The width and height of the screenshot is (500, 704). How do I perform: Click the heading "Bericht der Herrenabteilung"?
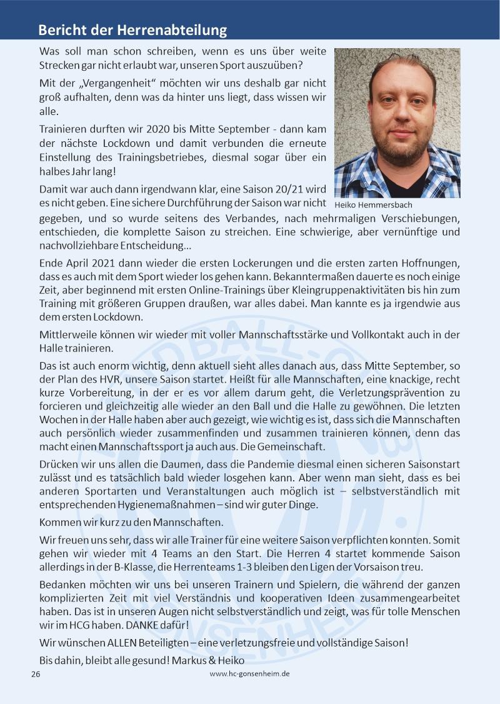click(132, 30)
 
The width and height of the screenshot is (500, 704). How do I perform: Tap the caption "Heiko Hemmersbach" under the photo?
click(374, 204)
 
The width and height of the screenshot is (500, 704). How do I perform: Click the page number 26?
click(36, 675)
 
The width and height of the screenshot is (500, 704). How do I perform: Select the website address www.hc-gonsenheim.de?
click(249, 674)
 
